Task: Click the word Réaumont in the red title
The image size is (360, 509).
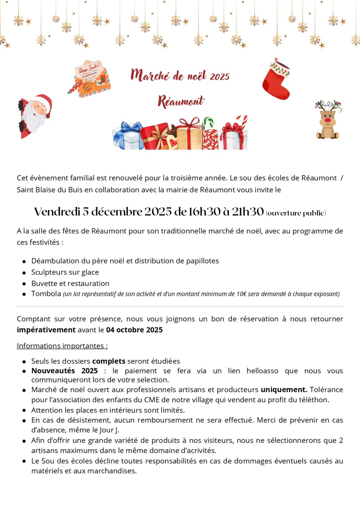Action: (181, 101)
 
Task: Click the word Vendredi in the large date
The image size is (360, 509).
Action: (57, 212)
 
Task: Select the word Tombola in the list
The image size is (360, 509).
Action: (46, 294)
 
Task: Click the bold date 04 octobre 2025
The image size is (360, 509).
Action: (134, 330)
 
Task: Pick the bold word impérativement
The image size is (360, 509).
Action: (46, 330)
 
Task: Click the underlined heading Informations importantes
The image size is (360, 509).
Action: (62, 346)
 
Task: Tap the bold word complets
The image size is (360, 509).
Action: (109, 361)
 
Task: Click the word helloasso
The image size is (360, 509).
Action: (262, 371)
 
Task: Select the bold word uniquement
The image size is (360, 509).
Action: (284, 390)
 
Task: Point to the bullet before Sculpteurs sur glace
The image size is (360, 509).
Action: (24, 273)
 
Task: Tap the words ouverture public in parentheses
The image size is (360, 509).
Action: (296, 213)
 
